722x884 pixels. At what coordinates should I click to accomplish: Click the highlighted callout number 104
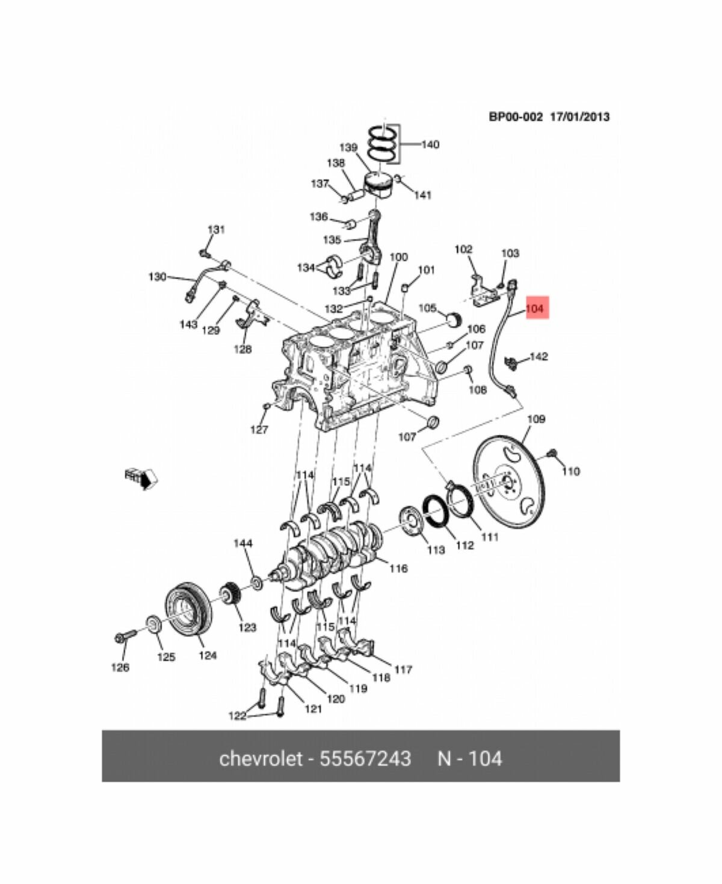click(534, 309)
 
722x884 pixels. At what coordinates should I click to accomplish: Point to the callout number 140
click(430, 144)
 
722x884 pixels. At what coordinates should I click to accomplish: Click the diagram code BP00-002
click(516, 117)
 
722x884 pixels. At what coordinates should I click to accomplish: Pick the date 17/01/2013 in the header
click(579, 117)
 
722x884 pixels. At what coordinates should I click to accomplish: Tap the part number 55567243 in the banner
click(365, 758)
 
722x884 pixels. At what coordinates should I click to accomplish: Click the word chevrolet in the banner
click(260, 758)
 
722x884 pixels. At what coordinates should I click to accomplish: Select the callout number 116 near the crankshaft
click(398, 568)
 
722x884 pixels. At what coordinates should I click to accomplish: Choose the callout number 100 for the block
click(398, 257)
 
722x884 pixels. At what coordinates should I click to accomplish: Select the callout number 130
click(157, 277)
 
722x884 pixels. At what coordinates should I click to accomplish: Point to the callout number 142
click(538, 357)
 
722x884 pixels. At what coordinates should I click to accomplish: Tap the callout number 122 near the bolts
click(238, 716)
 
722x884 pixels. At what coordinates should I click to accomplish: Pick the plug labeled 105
click(455, 318)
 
